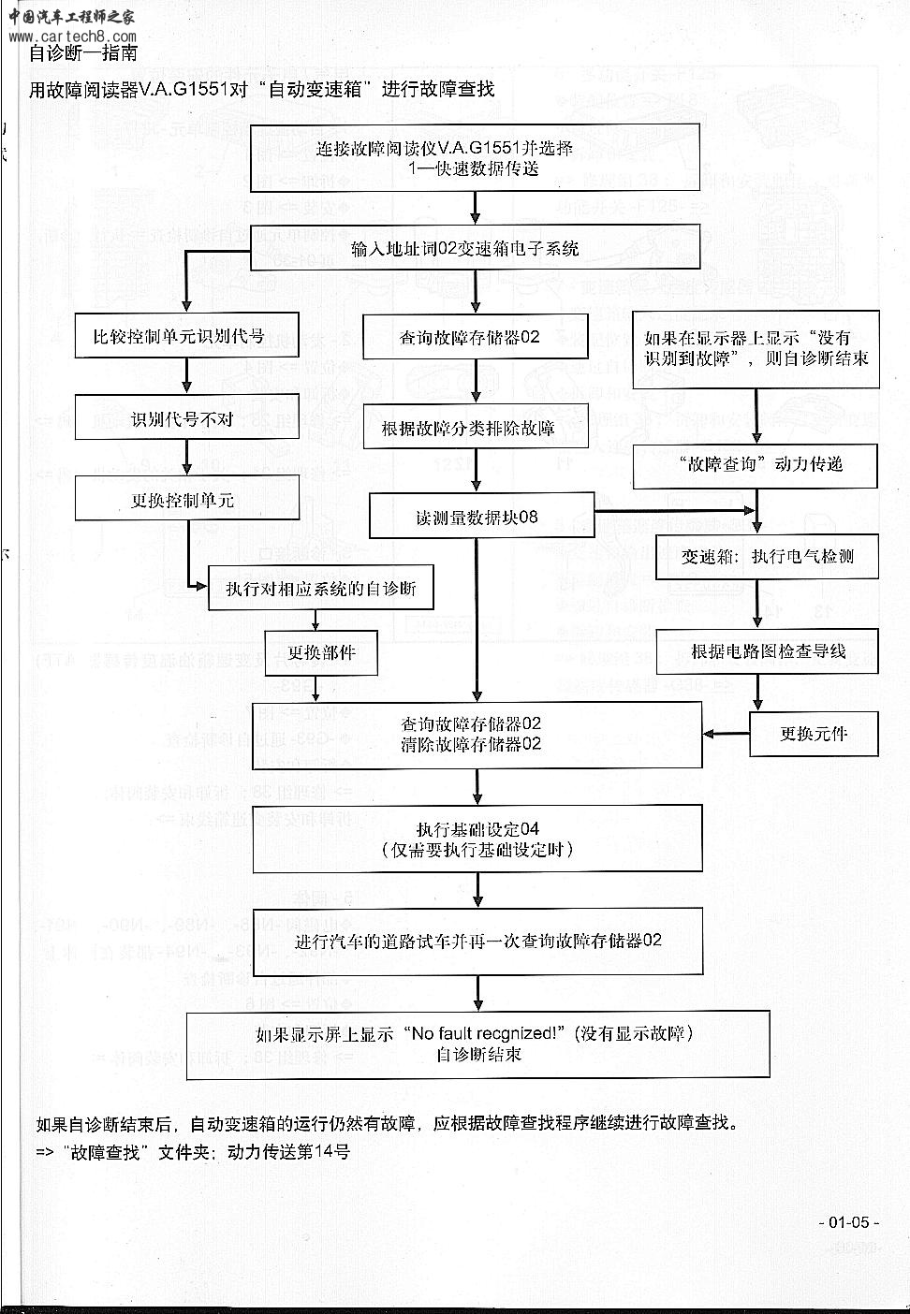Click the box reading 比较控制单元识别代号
click(187, 335)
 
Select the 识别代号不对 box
click(187, 417)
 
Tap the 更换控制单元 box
click(187, 499)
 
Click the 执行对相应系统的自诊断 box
click(320, 589)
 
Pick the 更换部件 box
click(320, 653)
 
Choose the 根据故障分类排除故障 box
click(477, 427)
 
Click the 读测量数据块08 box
click(481, 516)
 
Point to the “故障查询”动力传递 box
click(756, 465)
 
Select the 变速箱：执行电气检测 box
click(767, 556)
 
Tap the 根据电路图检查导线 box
click(767, 651)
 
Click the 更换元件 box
click(814, 733)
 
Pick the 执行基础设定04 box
click(477, 839)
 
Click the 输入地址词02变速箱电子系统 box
click(477, 249)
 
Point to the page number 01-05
click(849, 1222)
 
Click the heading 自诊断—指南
click(83, 53)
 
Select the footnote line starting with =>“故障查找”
click(192, 1152)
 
